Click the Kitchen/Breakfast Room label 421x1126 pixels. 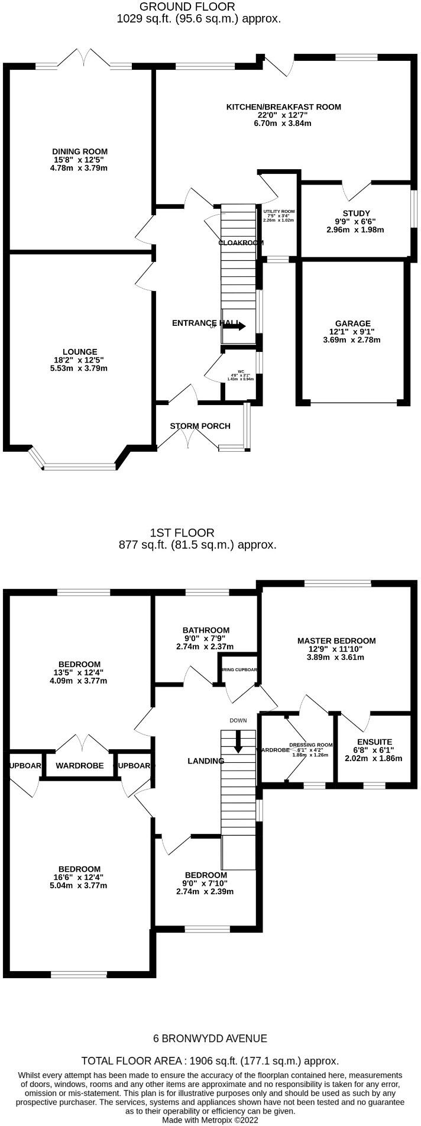[x=284, y=107]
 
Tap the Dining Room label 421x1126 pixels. [x=80, y=151]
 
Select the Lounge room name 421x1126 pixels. [x=80, y=351]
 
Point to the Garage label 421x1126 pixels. [x=352, y=323]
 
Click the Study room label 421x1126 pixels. [x=356, y=213]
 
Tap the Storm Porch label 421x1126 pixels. [x=200, y=426]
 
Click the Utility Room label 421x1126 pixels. [x=278, y=211]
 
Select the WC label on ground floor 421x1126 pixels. [x=241, y=371]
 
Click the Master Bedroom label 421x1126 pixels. [x=336, y=640]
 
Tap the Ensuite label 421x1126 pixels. [x=374, y=742]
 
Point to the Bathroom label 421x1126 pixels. [x=206, y=630]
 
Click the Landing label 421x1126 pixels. [x=206, y=761]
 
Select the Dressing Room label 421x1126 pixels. [x=310, y=745]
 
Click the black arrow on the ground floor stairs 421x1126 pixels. [x=235, y=326]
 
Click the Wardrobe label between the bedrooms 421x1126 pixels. [x=80, y=765]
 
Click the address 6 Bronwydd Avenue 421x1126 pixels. [x=210, y=1038]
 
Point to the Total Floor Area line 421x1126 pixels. [x=210, y=1060]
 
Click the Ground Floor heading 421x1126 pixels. [x=187, y=7]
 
